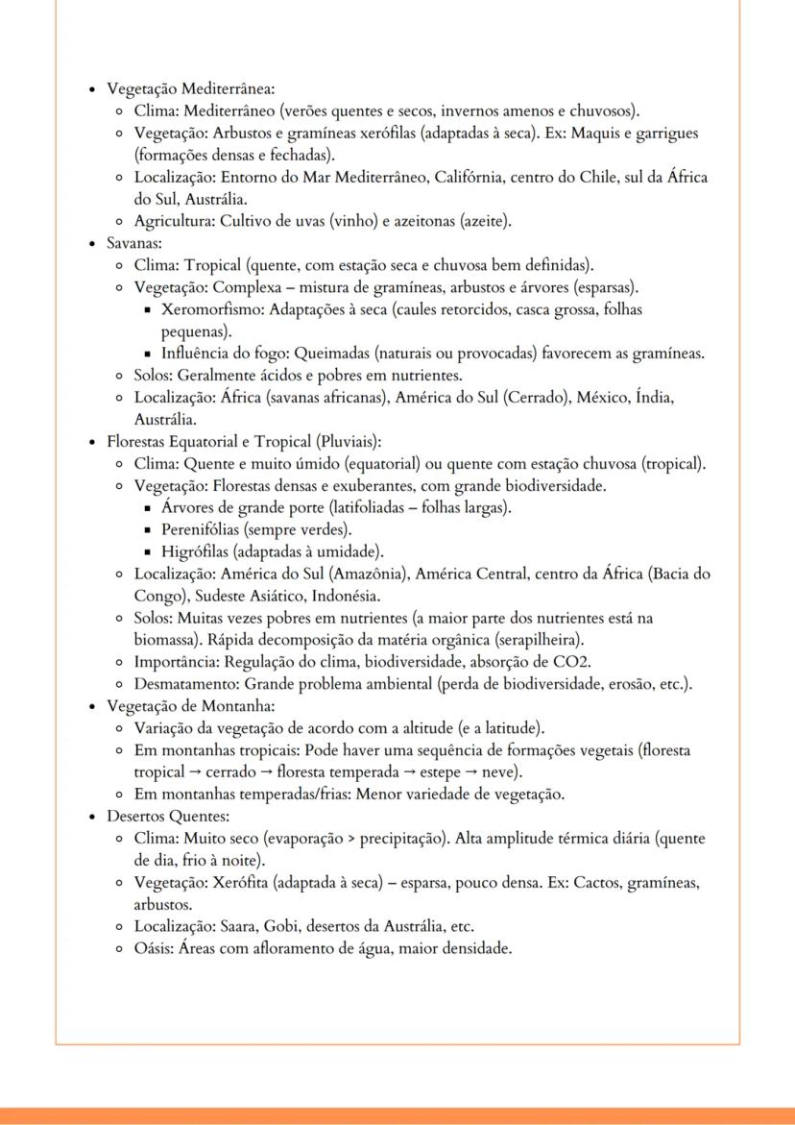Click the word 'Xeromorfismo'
point(212,310)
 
